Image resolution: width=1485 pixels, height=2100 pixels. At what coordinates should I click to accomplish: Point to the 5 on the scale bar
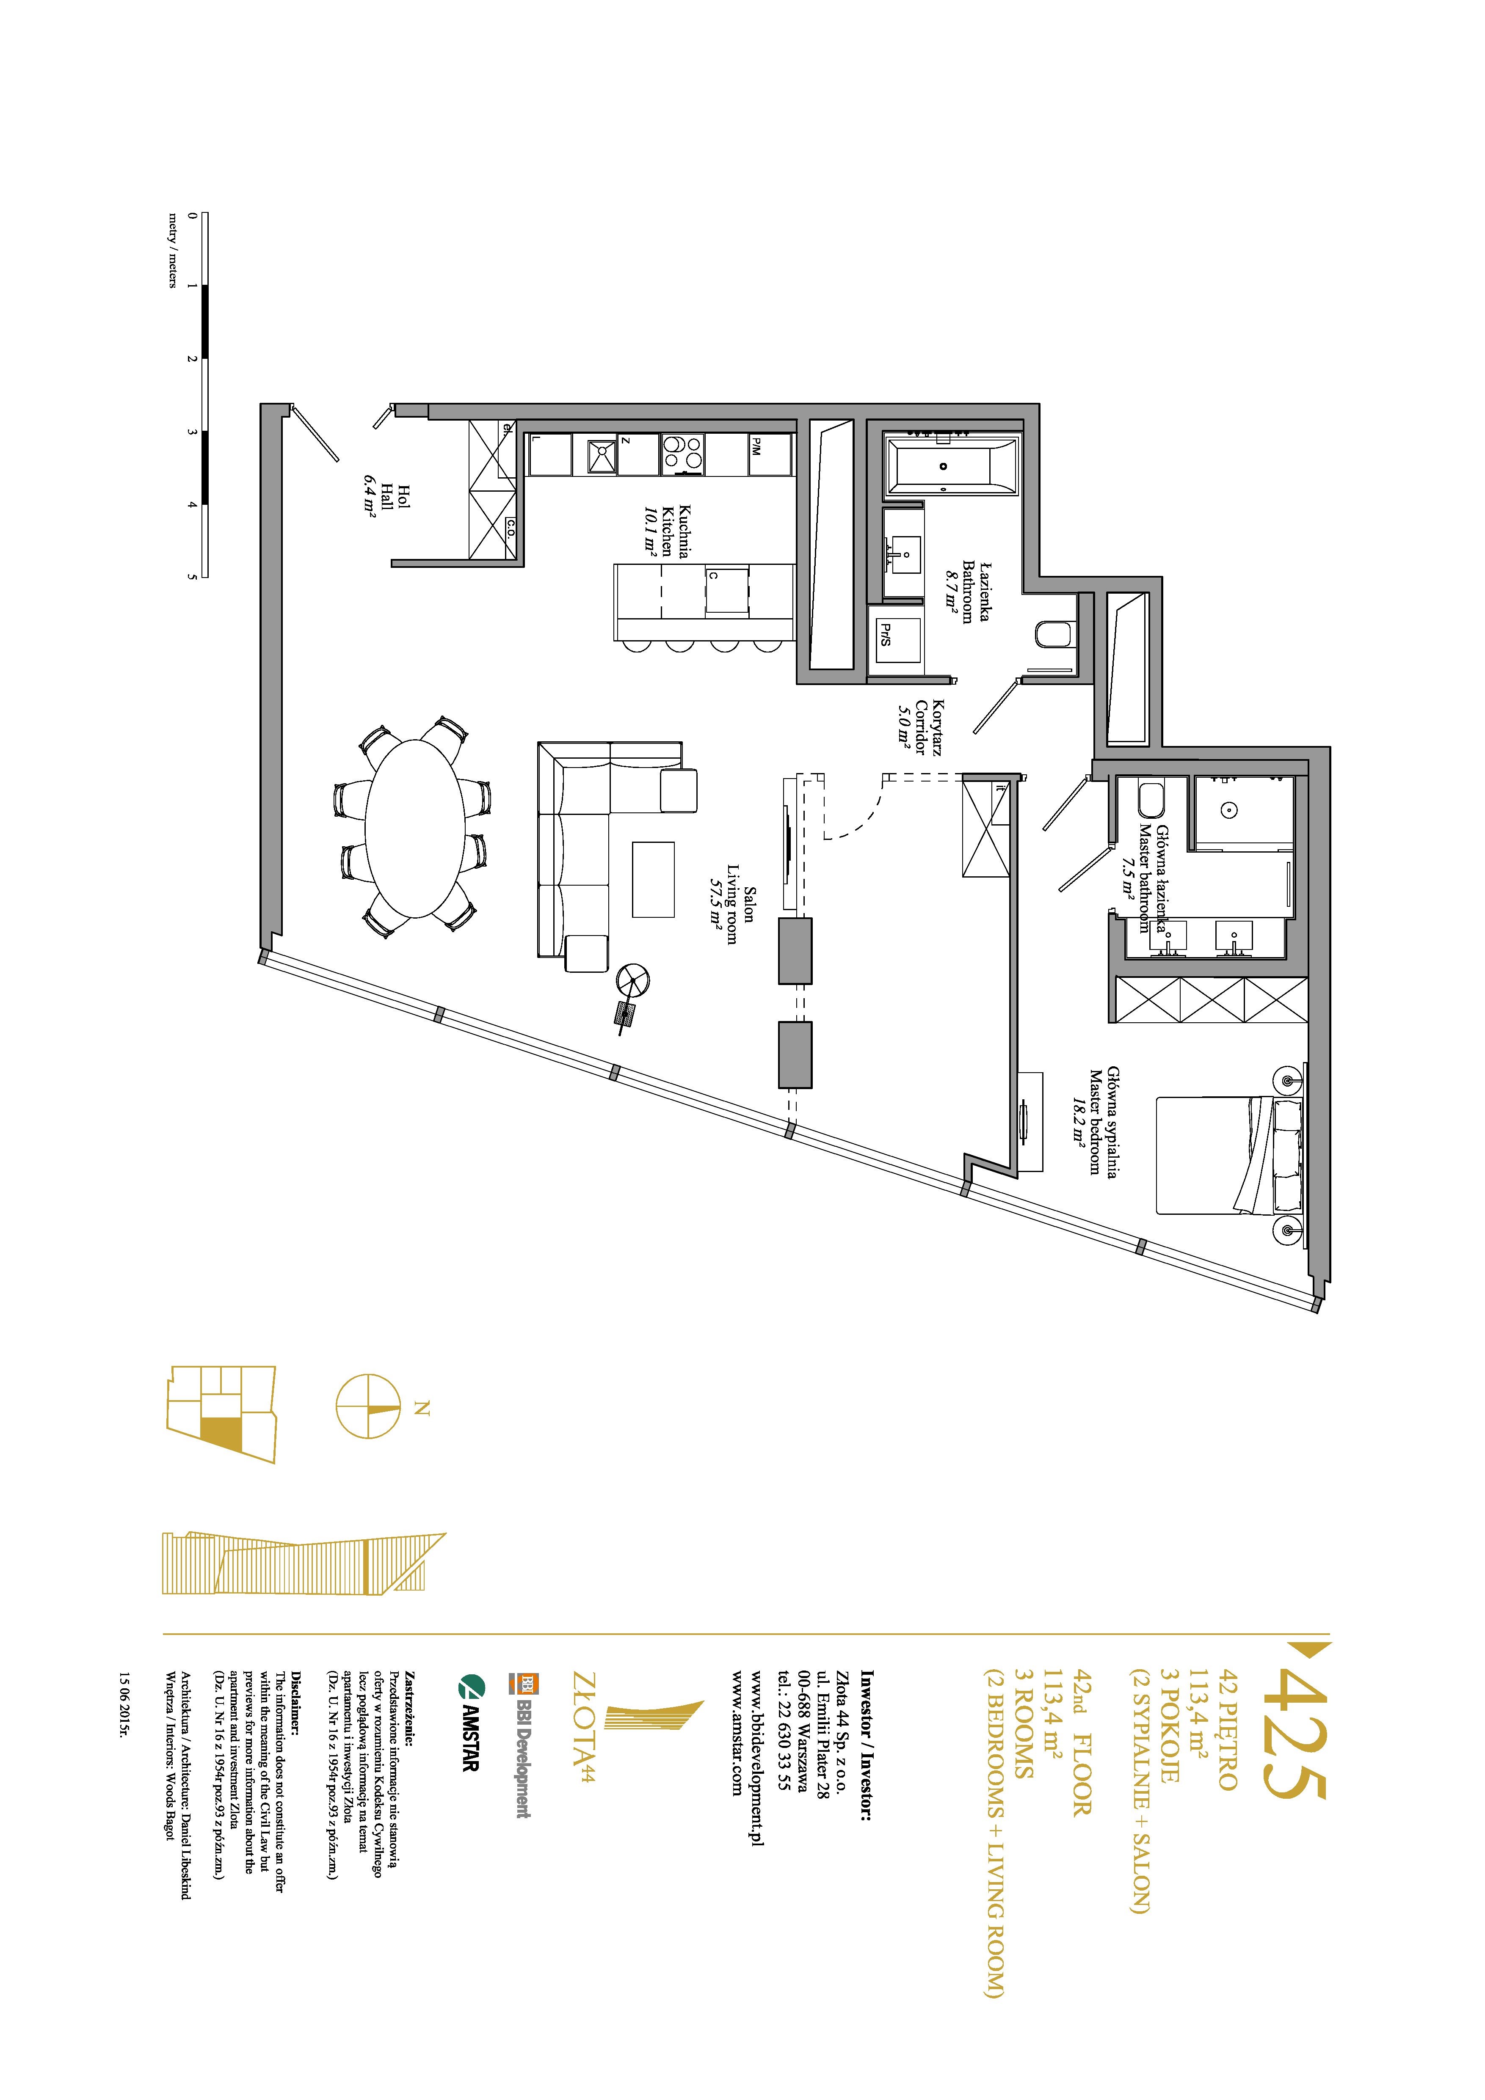click(x=192, y=577)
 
